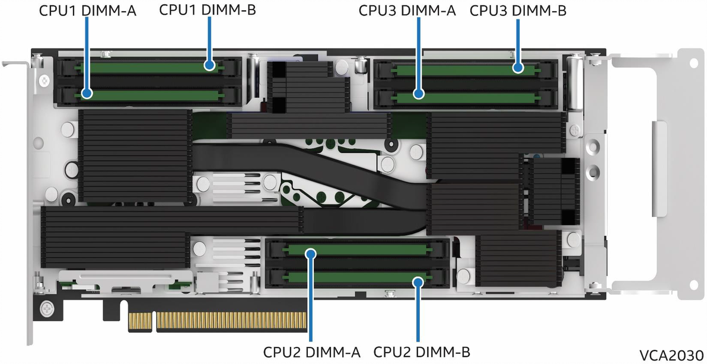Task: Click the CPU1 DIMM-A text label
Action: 87,11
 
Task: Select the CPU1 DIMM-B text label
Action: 208,10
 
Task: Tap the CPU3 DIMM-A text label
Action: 407,11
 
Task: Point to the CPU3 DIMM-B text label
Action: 518,11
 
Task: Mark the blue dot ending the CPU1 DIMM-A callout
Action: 87,94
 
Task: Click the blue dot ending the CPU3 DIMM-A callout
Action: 419,94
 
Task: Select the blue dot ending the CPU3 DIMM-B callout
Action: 518,68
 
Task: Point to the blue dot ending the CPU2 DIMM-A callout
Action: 310,254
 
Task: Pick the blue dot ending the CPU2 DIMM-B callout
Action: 419,280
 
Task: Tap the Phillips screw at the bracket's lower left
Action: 47,308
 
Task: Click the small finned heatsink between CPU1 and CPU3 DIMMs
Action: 307,87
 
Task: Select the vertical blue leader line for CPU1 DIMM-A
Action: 87,53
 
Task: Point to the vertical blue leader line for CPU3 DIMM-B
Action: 518,41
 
